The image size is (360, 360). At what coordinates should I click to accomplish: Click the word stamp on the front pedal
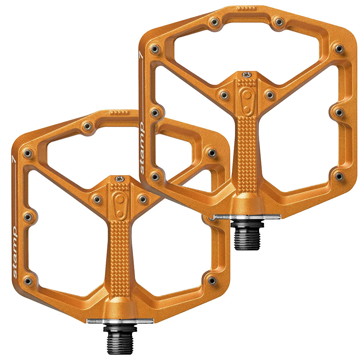15,252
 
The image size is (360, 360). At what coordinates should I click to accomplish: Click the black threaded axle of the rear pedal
247,235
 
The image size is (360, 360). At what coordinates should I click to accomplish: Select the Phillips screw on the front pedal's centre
119,178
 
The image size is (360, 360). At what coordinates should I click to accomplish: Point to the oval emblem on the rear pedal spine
247,100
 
